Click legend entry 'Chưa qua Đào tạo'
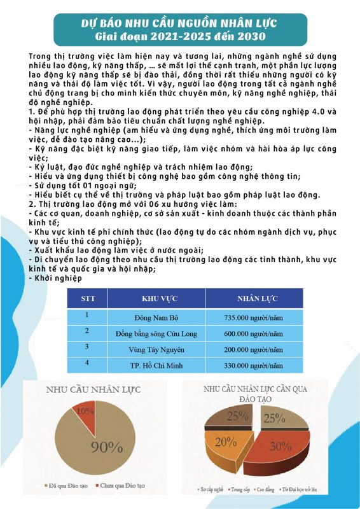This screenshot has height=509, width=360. tap(115, 486)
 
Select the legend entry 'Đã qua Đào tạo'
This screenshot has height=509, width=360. tap(66, 486)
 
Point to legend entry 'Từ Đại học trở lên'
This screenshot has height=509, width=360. tap(308, 489)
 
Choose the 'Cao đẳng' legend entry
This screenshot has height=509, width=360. tap(269, 489)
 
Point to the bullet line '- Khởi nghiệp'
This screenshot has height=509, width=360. tap(56, 278)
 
